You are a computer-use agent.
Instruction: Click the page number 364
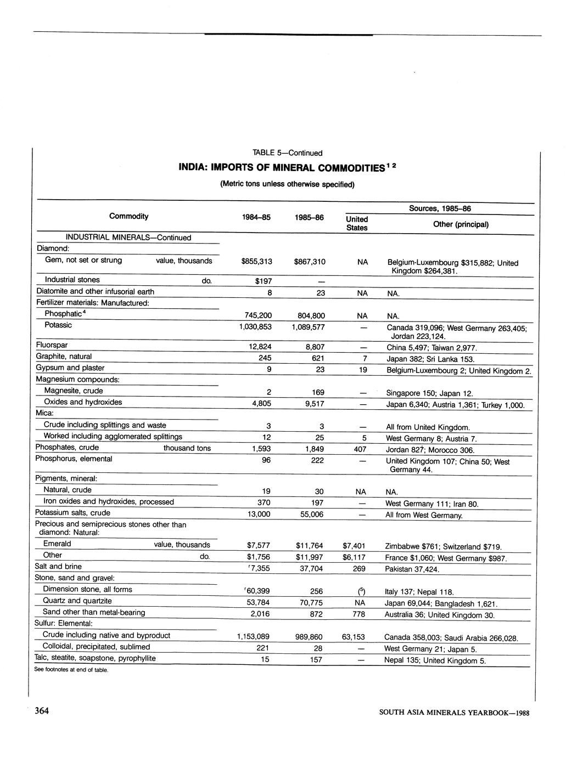(42, 711)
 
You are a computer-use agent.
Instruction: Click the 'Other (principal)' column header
(461, 224)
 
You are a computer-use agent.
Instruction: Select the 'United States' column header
(357, 223)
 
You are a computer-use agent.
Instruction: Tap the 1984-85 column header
(256, 217)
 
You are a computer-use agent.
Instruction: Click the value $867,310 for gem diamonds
(310, 262)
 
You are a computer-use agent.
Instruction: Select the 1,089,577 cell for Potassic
(308, 327)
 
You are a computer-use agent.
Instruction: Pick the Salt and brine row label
(58, 566)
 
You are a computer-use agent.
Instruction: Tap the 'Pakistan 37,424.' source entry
(413, 569)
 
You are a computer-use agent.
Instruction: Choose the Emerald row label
(57, 544)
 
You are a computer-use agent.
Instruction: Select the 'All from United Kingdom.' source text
(428, 427)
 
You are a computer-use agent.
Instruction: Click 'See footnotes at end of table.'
(71, 670)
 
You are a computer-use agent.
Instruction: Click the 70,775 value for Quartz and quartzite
(309, 603)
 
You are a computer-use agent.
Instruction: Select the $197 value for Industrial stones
(264, 281)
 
